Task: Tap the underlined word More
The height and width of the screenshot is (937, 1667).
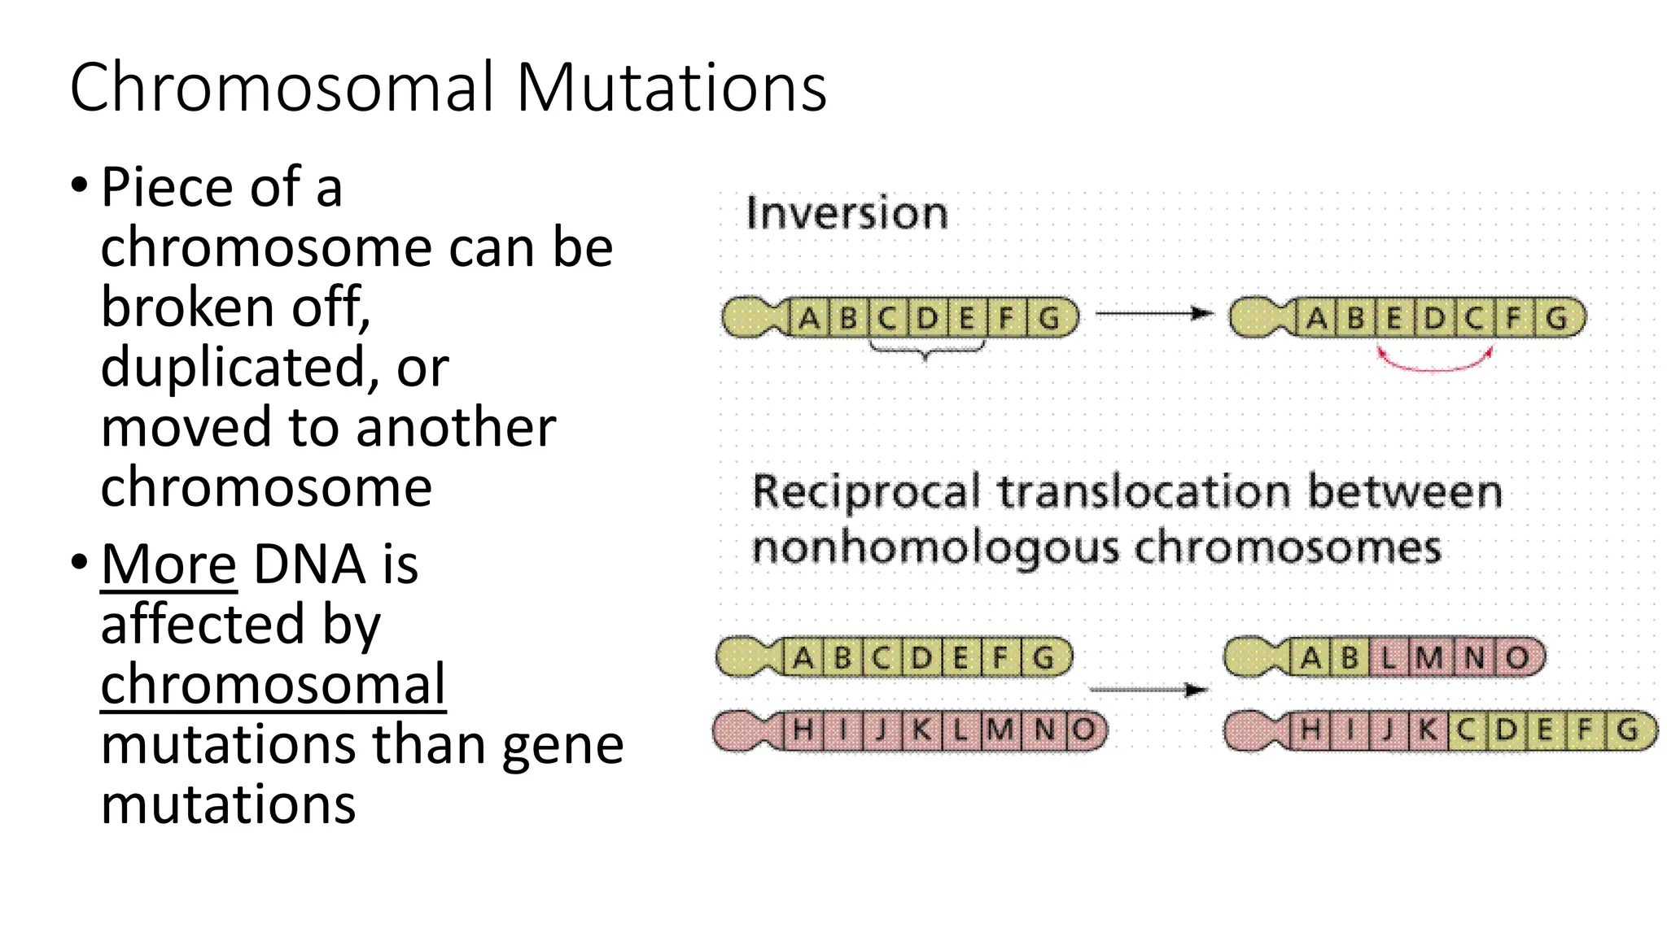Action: coord(168,564)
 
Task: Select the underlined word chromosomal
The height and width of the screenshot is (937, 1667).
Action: coord(273,684)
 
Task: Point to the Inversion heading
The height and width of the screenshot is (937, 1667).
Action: coord(847,213)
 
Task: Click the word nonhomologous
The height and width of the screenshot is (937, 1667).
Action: coord(935,547)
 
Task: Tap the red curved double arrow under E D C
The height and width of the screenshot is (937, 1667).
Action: coord(1434,363)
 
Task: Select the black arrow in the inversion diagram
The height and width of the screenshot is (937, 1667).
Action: coord(1154,313)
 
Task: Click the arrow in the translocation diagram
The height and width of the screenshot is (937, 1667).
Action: coord(1148,690)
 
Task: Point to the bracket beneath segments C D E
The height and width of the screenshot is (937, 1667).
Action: coord(926,350)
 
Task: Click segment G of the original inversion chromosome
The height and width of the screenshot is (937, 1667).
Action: coord(1049,317)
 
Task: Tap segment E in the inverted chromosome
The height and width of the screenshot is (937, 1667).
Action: coord(1394,318)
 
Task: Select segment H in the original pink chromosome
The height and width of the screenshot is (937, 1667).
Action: coord(802,730)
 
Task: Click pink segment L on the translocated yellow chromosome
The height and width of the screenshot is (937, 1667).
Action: coord(1389,657)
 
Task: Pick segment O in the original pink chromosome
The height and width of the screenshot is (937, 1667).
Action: coord(1083,730)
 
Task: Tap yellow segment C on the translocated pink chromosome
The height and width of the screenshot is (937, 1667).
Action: coord(1466,730)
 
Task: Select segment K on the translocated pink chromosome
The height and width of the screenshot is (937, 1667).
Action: coord(1428,730)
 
